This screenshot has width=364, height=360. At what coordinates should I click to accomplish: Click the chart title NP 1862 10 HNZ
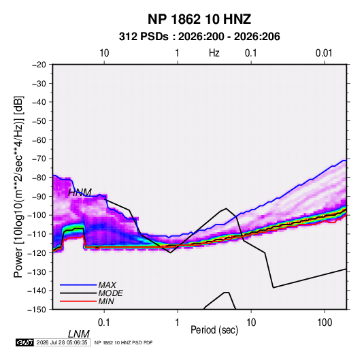(x=199, y=19)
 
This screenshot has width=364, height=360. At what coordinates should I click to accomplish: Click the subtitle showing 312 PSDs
(x=199, y=37)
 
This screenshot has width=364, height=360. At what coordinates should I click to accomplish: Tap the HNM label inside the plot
(x=80, y=193)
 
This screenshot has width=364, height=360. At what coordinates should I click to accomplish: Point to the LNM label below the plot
(x=79, y=334)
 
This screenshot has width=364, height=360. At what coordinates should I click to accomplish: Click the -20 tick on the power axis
(x=39, y=65)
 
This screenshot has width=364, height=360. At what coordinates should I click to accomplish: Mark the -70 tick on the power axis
(x=39, y=159)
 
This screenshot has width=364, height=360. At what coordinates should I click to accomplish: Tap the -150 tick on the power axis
(x=37, y=310)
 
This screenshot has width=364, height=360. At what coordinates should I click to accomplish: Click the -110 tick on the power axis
(x=37, y=234)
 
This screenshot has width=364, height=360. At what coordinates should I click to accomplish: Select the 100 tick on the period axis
(x=325, y=323)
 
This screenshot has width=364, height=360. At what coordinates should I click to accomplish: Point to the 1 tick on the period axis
(x=177, y=323)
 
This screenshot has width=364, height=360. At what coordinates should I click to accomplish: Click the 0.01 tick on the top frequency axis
(x=324, y=53)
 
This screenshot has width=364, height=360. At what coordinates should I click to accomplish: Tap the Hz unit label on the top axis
(x=214, y=53)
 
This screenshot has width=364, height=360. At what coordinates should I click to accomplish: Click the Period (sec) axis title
(x=214, y=330)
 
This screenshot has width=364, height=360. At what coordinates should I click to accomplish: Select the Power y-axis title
(x=18, y=187)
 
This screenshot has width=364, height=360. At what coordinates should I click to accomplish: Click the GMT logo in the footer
(x=24, y=342)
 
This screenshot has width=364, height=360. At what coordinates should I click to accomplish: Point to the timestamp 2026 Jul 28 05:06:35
(x=62, y=342)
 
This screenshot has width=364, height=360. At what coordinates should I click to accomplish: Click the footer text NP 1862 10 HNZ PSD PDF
(x=124, y=342)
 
